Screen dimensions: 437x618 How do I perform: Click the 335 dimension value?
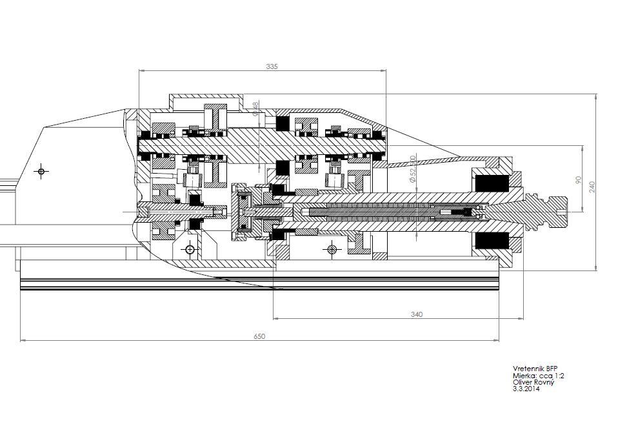tap(272, 66)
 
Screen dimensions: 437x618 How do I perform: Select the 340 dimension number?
tap(417, 314)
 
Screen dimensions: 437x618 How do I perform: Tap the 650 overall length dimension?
tap(259, 336)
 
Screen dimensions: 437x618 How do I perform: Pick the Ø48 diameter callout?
tap(255, 108)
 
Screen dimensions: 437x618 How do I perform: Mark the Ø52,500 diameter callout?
tap(412, 170)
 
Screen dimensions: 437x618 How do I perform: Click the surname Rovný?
tap(544, 382)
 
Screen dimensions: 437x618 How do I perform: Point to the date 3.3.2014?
tap(526, 389)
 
